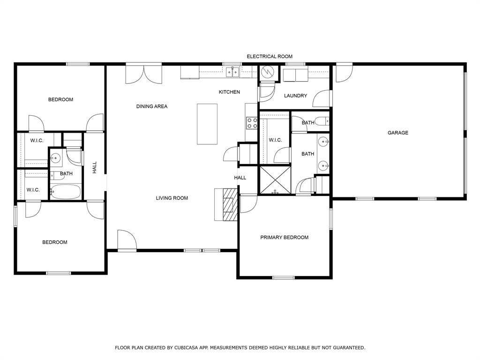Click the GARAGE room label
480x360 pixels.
coord(397,133)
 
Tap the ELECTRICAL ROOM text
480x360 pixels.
coord(270,56)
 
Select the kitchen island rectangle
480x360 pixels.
coord(207,124)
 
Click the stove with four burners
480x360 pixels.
coord(252,123)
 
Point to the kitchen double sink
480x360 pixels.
coord(232,72)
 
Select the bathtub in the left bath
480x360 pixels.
coord(66,191)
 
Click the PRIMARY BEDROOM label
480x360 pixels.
coord(284,237)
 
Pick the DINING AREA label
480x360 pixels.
coord(151,106)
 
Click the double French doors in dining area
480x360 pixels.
coord(143,74)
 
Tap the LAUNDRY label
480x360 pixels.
coord(295,96)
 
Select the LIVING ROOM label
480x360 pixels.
coord(172,198)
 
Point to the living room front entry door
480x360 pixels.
coord(127,240)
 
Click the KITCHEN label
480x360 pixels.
coord(229,92)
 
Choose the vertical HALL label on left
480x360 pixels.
coord(94,167)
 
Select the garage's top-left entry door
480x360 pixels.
coord(344,73)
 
